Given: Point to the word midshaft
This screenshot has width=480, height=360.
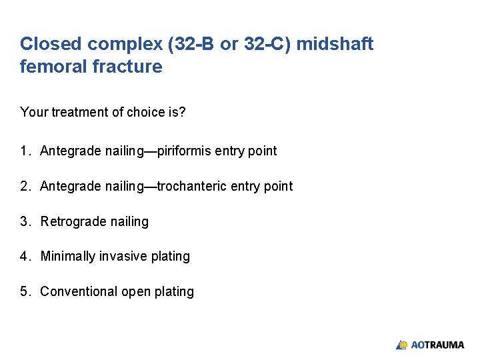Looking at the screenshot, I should pos(335,44).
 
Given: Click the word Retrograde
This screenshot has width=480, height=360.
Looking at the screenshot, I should pos(71,221).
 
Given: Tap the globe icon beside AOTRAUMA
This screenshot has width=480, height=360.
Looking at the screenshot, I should pos(402,345).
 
